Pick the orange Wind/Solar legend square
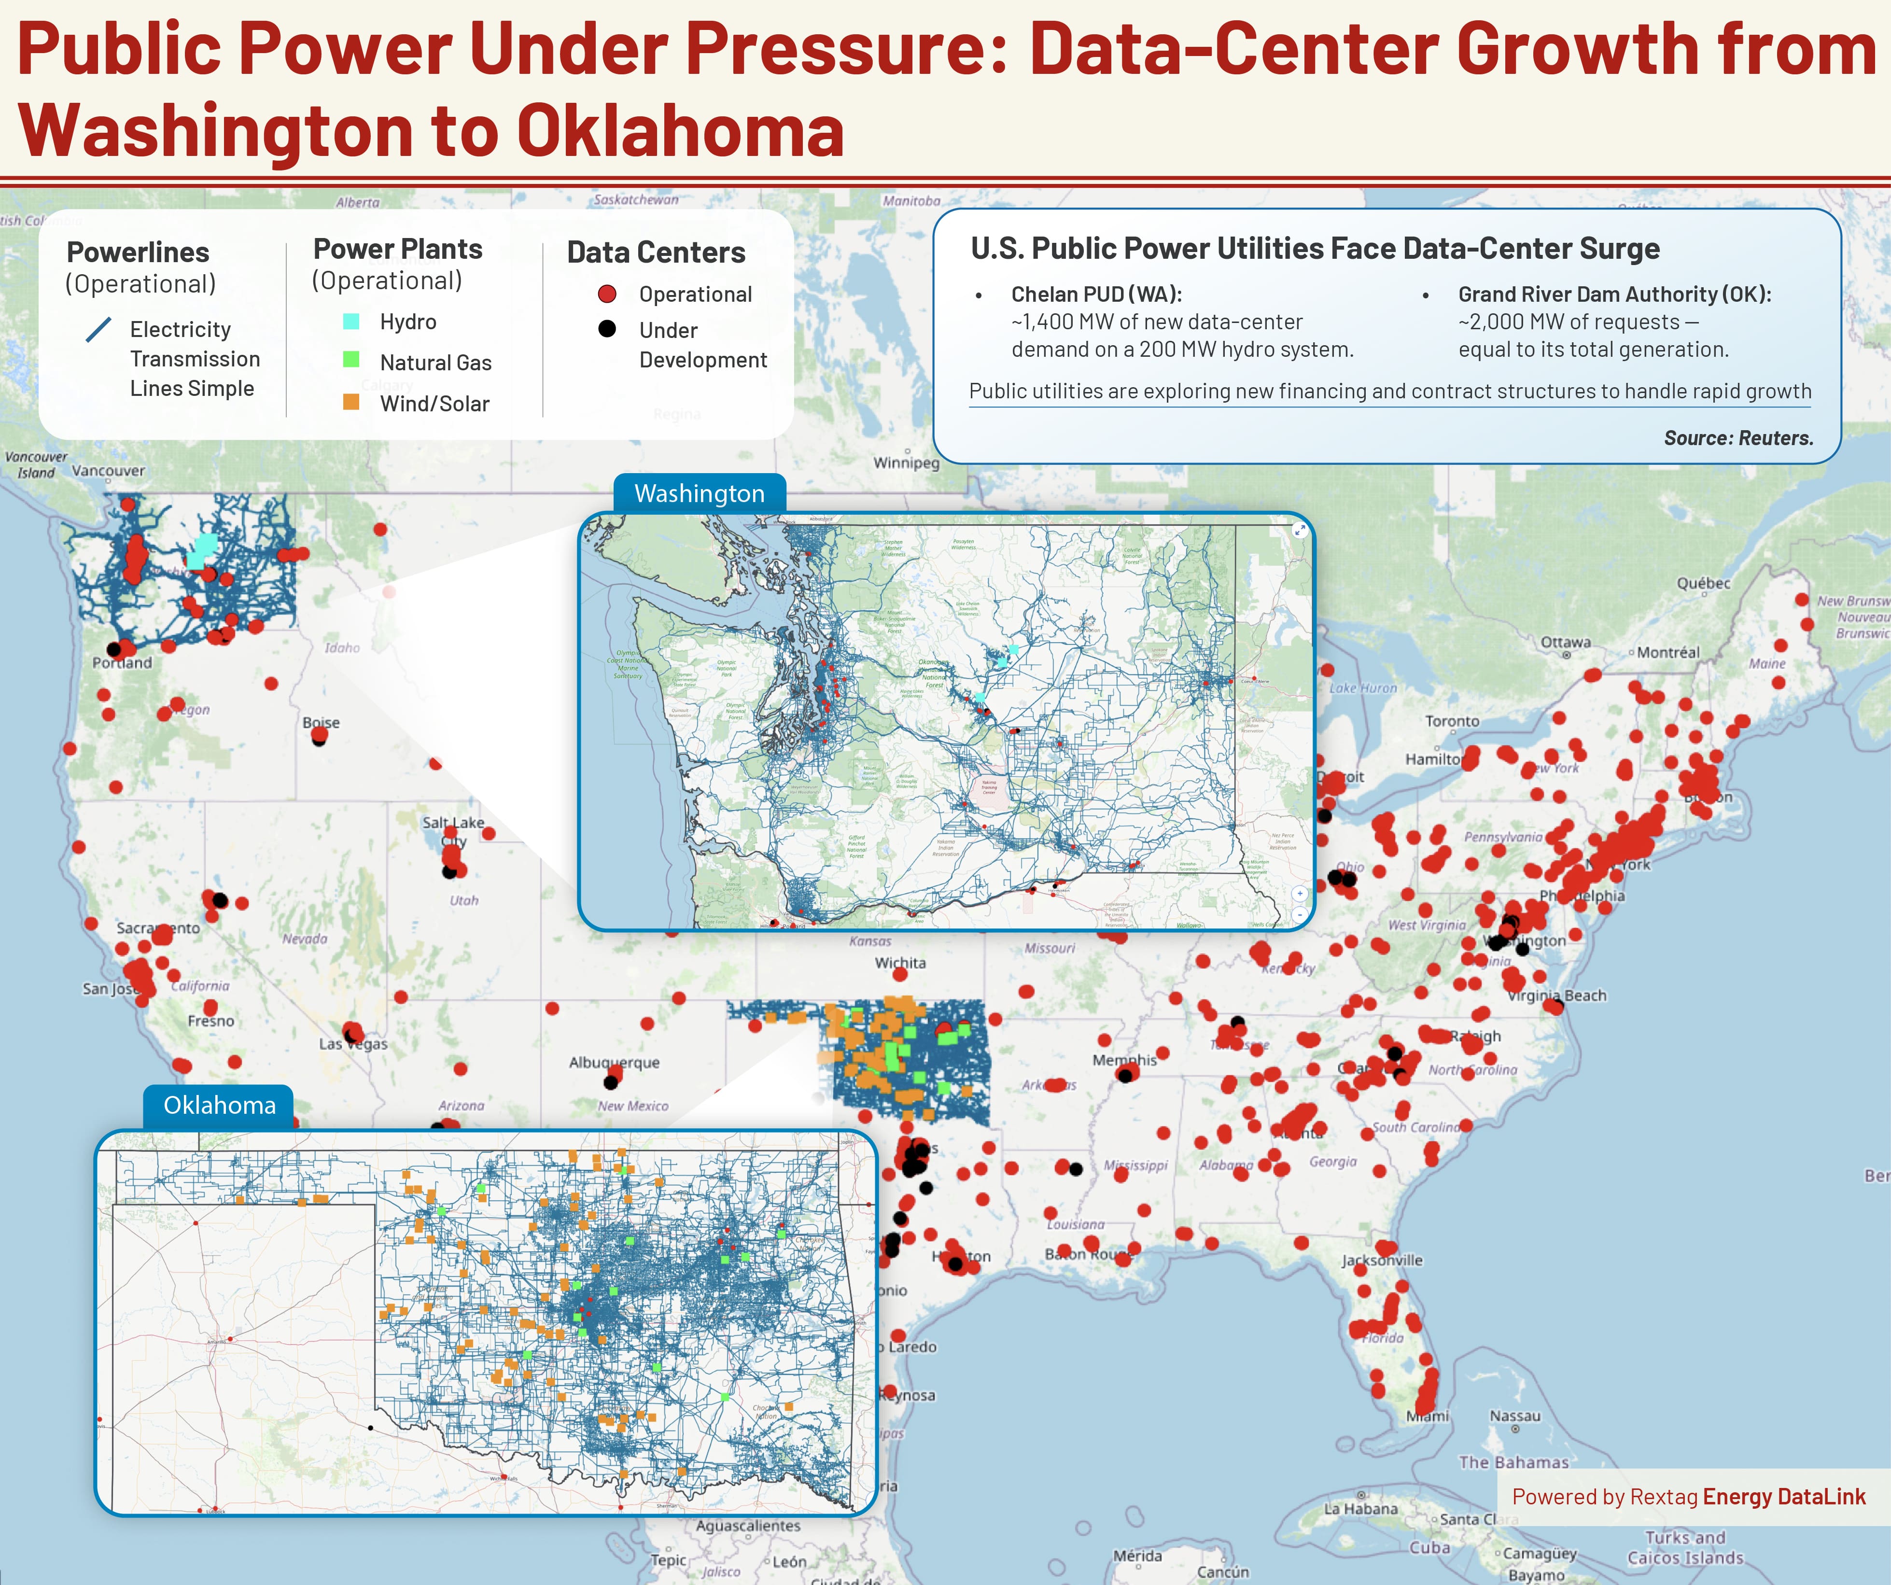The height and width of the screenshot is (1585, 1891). pyautogui.click(x=351, y=402)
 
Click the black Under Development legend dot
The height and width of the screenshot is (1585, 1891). pyautogui.click(x=607, y=329)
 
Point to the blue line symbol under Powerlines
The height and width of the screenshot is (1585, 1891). pyautogui.click(x=98, y=330)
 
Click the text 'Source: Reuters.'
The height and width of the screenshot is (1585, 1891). pyautogui.click(x=1738, y=438)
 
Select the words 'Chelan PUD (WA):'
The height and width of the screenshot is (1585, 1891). pyautogui.click(x=1096, y=295)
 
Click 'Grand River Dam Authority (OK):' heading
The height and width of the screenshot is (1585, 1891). pyautogui.click(x=1614, y=295)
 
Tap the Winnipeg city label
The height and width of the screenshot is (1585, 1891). pyautogui.click(x=906, y=463)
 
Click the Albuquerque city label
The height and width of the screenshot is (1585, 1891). pyautogui.click(x=614, y=1063)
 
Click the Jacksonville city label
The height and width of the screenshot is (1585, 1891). pyautogui.click(x=1381, y=1260)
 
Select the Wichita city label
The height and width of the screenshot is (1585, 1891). pyautogui.click(x=899, y=963)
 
